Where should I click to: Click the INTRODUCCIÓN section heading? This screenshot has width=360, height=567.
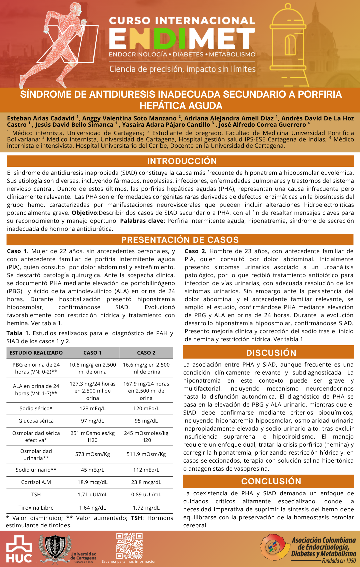pyautogui.click(x=182, y=161)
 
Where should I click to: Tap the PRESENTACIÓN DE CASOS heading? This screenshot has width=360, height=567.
pyautogui.click(x=180, y=240)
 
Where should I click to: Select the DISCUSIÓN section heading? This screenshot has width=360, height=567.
pyautogui.click(x=271, y=353)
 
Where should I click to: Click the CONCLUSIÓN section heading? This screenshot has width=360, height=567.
pyautogui.click(x=271, y=481)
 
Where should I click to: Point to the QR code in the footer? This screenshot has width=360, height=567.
pyautogui.click(x=129, y=546)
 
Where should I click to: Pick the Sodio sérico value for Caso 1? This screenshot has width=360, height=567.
pyautogui.click(x=93, y=408)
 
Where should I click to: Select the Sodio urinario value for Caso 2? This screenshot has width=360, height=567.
pyautogui.click(x=146, y=470)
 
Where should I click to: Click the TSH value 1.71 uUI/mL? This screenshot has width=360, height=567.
pyautogui.click(x=93, y=494)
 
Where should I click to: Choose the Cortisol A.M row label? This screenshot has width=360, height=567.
pyautogui.click(x=36, y=482)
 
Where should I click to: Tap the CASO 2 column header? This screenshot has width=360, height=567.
pyautogui.click(x=146, y=353)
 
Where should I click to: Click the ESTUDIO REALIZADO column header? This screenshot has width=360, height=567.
pyautogui.click(x=36, y=353)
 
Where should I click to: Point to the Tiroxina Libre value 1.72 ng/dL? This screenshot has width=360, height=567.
pyautogui.click(x=146, y=508)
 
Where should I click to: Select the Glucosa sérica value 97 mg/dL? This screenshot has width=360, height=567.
pyautogui.click(x=93, y=421)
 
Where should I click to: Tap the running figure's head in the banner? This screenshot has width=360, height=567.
pyautogui.click(x=75, y=9)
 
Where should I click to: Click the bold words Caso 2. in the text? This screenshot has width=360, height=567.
pyautogui.click(x=196, y=251)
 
